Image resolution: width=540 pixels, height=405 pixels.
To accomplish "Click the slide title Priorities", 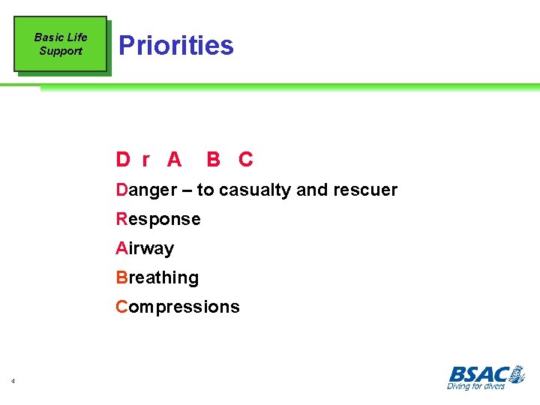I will coord(176,46).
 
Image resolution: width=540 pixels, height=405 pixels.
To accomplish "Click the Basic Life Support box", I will coord(61,44).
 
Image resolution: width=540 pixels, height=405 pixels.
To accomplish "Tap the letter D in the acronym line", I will coord(123,159).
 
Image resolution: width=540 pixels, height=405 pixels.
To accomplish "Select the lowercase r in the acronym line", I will coord(145,160).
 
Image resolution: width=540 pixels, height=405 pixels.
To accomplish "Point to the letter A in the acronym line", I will coord(174,159).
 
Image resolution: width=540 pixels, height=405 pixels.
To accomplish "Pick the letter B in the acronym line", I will coord(213,159).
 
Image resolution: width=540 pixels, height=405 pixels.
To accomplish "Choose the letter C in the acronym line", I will coord(245,159).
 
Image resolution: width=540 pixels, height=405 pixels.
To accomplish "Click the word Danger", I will coord(146,190).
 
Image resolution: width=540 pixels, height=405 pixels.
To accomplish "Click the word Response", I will coord(158,220).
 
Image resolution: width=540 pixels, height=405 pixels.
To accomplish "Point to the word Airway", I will coord(145,249).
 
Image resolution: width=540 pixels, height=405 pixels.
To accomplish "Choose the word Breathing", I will coord(157,278).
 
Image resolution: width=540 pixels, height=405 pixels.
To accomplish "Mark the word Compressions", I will coord(178,307).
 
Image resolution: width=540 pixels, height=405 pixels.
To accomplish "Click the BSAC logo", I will coord(485,373).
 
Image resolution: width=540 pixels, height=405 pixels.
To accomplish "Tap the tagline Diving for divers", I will coord(475,386).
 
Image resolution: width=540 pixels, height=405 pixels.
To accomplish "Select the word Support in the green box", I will coord(61,51).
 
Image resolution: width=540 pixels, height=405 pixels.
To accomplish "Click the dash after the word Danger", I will coord(187,190).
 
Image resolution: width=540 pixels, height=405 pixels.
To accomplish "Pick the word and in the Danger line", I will coord(311,190).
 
